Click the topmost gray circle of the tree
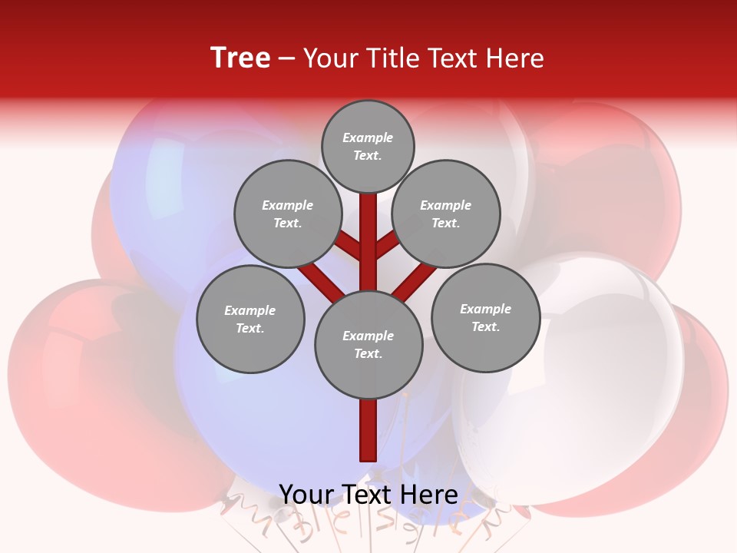368,146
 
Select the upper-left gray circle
287,214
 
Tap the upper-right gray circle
446,214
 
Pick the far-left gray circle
250,319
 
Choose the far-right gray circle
485,317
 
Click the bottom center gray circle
368,345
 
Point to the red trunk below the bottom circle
368,429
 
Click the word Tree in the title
240,58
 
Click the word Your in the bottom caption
306,494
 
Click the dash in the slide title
286,58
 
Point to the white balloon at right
583,369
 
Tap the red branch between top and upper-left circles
349,246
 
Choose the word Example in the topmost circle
368,137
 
